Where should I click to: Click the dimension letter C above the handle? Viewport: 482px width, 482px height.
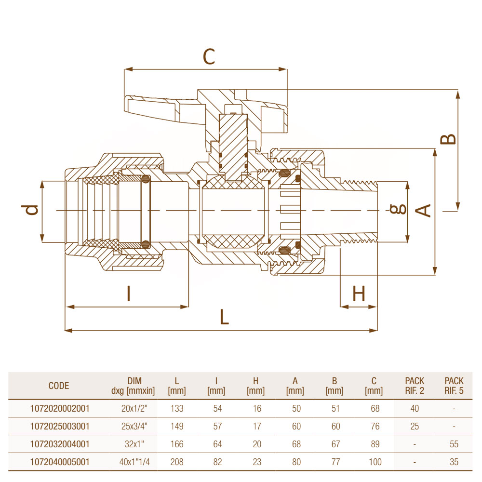click(x=209, y=56)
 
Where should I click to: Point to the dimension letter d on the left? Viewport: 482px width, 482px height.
click(x=30, y=210)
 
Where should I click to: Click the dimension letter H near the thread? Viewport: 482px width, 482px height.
click(x=359, y=293)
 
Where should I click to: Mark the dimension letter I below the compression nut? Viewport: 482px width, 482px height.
click(x=129, y=293)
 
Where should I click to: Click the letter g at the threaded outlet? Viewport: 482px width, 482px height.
click(x=398, y=209)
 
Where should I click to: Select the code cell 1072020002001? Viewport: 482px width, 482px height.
click(x=60, y=409)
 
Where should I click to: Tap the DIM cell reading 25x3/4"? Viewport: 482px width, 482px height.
click(x=134, y=427)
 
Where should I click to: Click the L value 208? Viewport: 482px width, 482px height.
click(x=177, y=462)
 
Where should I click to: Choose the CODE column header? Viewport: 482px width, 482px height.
click(x=59, y=386)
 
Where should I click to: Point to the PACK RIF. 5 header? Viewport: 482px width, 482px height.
click(x=454, y=386)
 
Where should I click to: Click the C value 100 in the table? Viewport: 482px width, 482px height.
click(x=375, y=462)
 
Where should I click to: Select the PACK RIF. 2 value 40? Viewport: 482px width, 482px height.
click(x=415, y=409)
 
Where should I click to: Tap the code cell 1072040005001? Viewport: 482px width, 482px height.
click(x=60, y=462)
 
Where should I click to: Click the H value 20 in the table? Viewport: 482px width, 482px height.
click(x=257, y=444)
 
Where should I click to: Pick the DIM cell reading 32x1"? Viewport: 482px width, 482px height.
click(x=134, y=444)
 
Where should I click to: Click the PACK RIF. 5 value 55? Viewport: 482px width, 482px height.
click(x=454, y=444)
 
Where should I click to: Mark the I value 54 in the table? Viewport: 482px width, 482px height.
click(x=217, y=409)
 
